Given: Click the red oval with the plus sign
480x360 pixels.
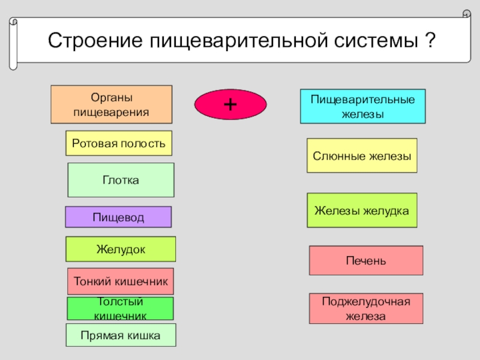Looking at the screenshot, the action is pos(230,104).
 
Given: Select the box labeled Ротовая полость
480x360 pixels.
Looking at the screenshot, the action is pos(119,143).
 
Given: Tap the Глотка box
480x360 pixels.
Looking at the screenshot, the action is pos(121,180).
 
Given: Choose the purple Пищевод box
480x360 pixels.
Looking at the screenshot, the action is pos(118,217).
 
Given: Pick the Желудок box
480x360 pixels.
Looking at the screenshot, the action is pos(121,249).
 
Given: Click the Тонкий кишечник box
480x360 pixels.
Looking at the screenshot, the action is pos(121,281).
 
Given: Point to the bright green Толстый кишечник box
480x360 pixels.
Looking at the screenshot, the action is pos(120,308).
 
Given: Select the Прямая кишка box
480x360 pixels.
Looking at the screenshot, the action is pos(121,335).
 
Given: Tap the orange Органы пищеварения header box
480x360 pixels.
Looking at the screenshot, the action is pos(111,104).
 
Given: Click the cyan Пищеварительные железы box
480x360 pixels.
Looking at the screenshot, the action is pos(362,106).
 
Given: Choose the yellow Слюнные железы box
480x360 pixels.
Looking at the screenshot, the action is pos(362,155).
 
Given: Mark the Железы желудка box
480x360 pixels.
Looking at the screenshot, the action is pos(362,210).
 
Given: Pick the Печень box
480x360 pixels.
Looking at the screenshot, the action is pos(366,260).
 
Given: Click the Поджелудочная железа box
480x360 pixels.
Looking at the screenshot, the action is pos(366,308).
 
